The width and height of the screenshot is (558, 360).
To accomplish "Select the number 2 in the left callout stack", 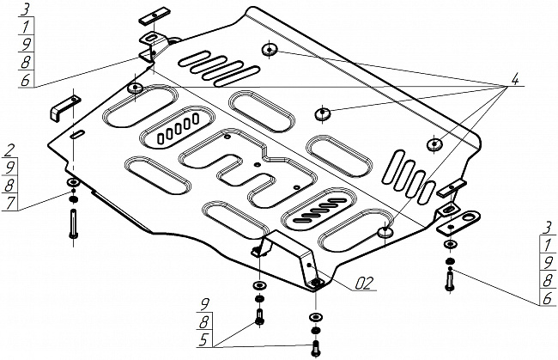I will pos(9,149).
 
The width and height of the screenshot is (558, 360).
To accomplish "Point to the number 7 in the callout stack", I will pos(9,203).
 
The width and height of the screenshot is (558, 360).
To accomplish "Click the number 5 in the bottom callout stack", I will pos(204,339).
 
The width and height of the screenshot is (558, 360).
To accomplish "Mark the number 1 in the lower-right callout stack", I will pos(546,244).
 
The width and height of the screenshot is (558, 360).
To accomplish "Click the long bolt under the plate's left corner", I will pos(71,225).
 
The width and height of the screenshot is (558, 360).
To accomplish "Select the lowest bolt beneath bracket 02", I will pos(315,348).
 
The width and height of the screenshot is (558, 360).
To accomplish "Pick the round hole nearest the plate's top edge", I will pos(270,49).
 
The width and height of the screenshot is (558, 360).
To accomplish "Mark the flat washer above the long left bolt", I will pos(71,185).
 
